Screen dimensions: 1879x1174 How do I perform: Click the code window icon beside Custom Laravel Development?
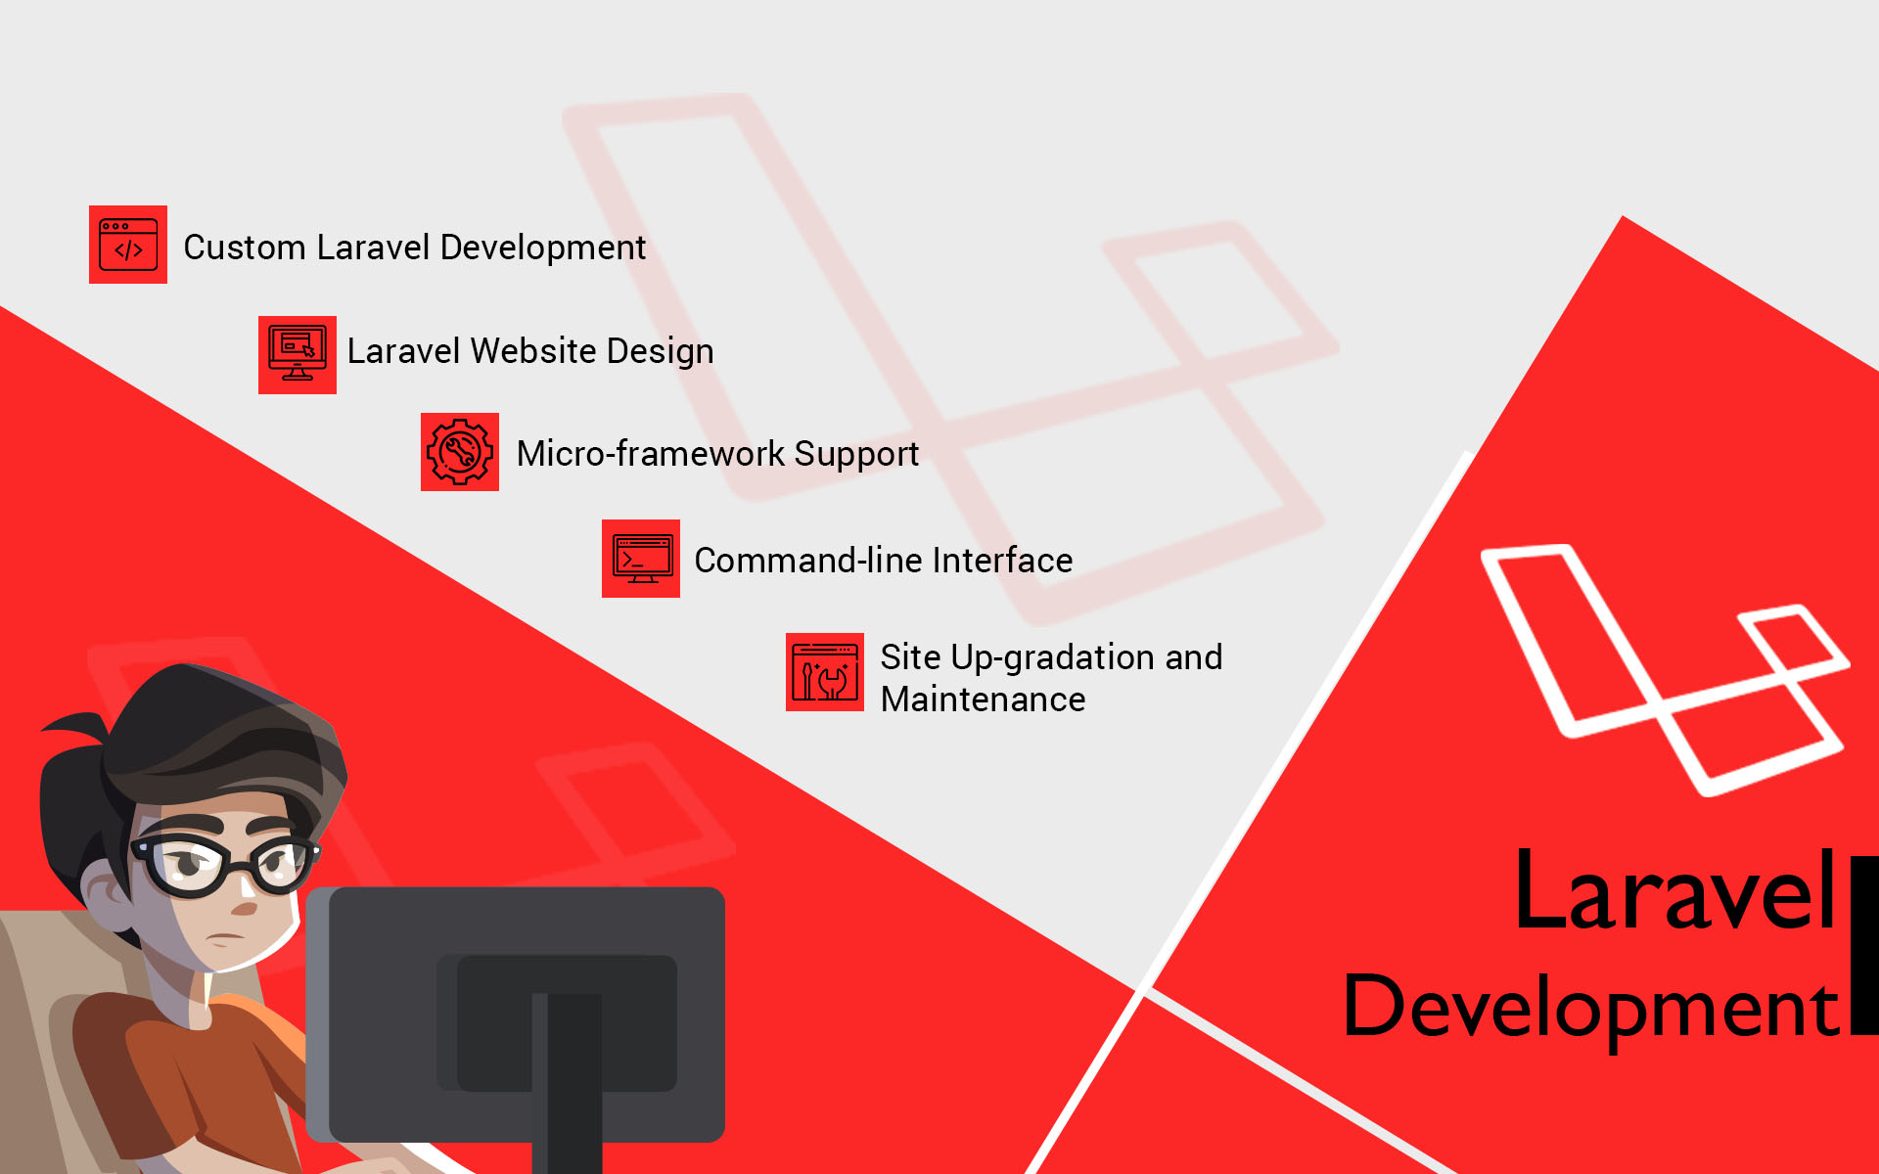[x=128, y=245]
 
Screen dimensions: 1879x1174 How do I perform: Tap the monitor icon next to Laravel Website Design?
[x=298, y=355]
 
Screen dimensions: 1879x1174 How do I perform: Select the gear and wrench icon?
[x=460, y=452]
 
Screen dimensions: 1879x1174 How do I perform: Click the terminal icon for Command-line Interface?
[x=641, y=559]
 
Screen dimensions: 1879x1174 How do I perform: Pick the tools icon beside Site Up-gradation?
[x=825, y=672]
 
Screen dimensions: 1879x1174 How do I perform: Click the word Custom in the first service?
[x=245, y=248]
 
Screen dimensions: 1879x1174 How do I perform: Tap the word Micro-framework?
[x=651, y=454]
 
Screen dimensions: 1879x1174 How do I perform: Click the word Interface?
[x=1003, y=561]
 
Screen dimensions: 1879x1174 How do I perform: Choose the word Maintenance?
[x=984, y=700]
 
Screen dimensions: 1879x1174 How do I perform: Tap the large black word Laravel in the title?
[x=1675, y=890]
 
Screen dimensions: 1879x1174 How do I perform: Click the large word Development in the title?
[x=1591, y=1008]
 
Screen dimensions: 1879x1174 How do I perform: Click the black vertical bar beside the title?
[x=1865, y=945]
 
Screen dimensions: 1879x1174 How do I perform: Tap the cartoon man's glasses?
[x=225, y=865]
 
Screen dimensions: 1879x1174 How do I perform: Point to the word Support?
[x=856, y=455]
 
